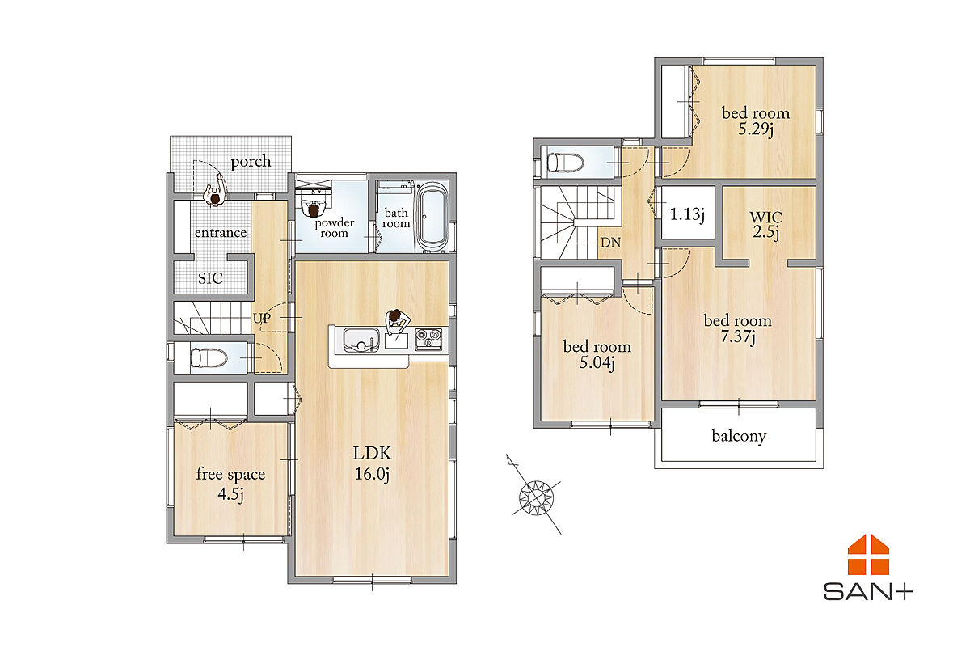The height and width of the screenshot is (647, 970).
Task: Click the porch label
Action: pyautogui.click(x=251, y=161)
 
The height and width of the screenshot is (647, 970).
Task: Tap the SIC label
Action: pyautogui.click(x=210, y=277)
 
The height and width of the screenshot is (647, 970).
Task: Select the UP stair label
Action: pyautogui.click(x=262, y=319)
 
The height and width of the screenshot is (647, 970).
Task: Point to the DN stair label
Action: pyautogui.click(x=610, y=243)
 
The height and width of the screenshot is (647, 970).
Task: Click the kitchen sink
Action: pyautogui.click(x=361, y=340)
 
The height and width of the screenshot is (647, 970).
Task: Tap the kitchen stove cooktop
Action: pyautogui.click(x=428, y=339)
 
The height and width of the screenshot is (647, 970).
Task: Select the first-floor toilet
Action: pyautogui.click(x=209, y=358)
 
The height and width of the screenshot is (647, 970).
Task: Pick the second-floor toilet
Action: pyautogui.click(x=565, y=163)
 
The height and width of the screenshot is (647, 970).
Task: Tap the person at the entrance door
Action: pyautogui.click(x=216, y=192)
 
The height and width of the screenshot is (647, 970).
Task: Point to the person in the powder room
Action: pyautogui.click(x=313, y=209)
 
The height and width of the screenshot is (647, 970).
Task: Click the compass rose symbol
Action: pyautogui.click(x=537, y=497)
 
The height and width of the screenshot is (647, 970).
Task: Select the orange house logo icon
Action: pyautogui.click(x=868, y=555)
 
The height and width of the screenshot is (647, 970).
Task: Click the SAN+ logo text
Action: pyautogui.click(x=868, y=592)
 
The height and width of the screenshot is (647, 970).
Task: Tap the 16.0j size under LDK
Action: pyautogui.click(x=372, y=474)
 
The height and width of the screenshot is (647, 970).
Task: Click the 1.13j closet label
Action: pyautogui.click(x=687, y=214)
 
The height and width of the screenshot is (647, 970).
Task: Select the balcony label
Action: pyautogui.click(x=739, y=436)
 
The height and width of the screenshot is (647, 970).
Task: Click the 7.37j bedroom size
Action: pyautogui.click(x=738, y=336)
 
